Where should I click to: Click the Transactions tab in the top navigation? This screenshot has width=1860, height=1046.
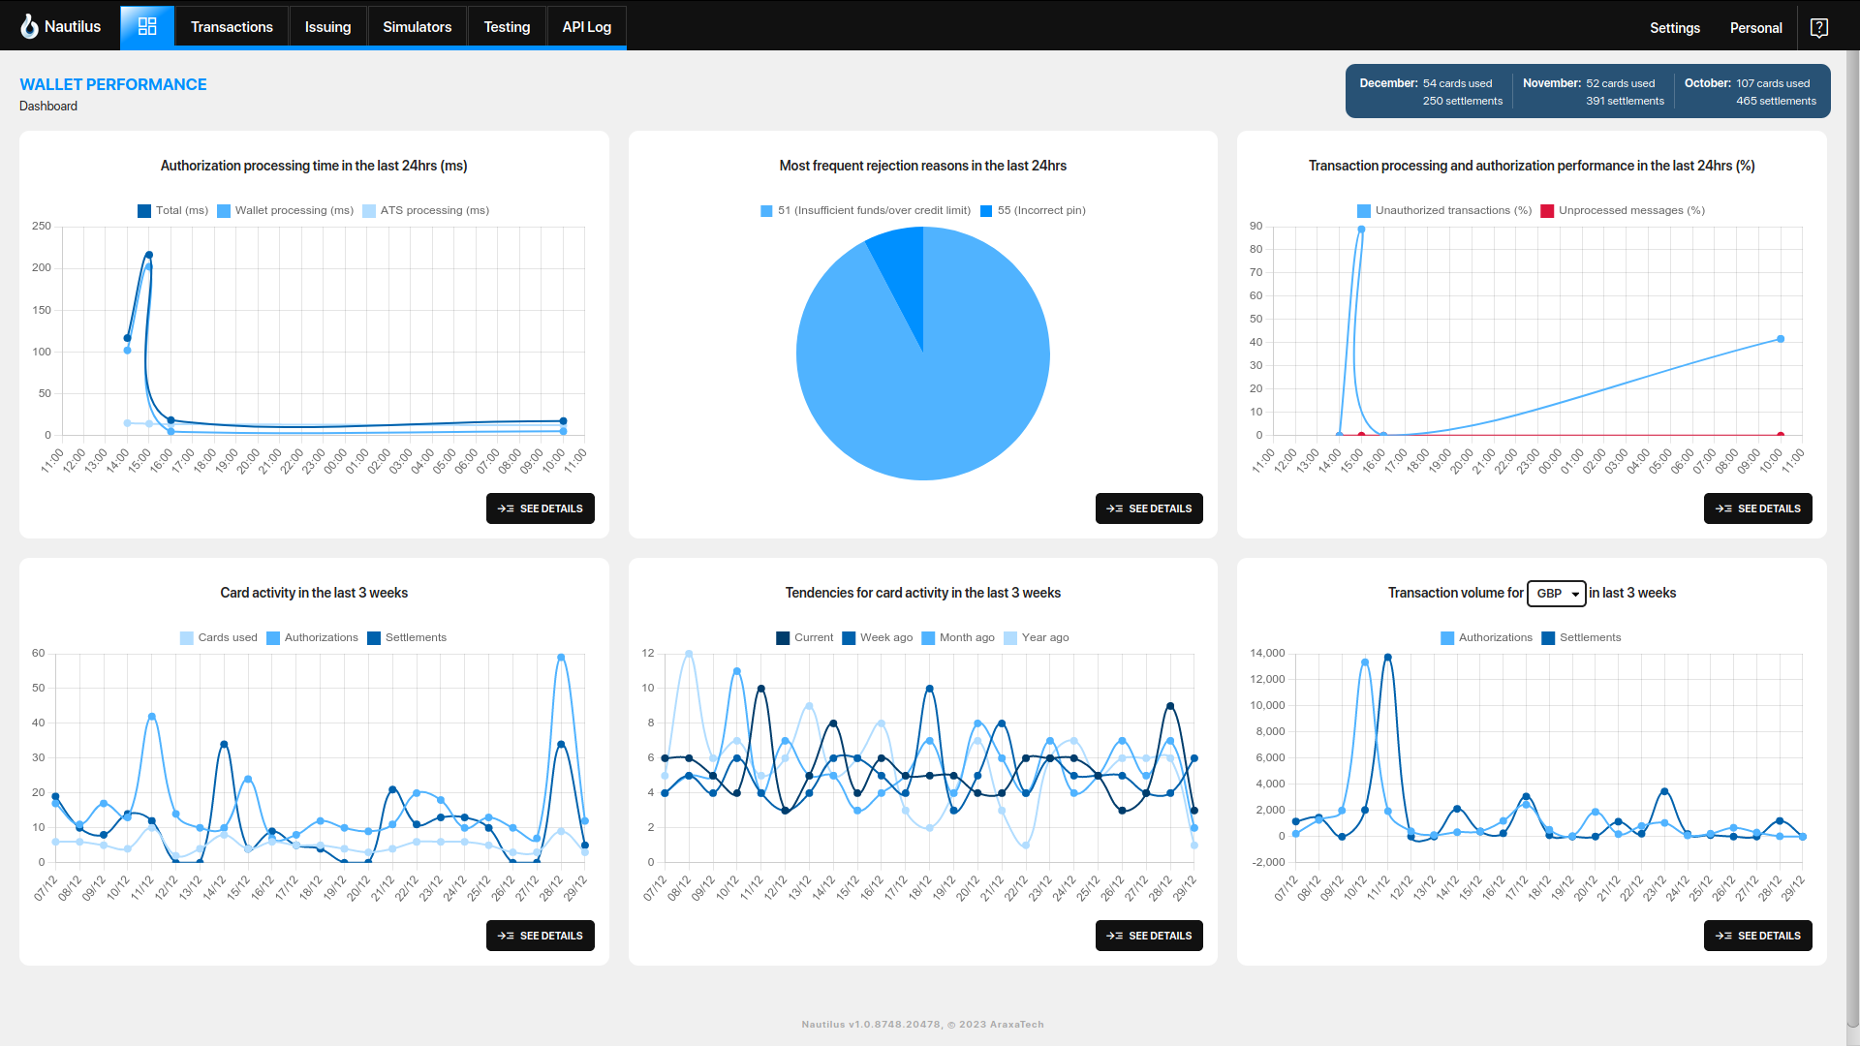click(x=232, y=27)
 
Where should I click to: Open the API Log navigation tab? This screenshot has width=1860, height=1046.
click(x=586, y=27)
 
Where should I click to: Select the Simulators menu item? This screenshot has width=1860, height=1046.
click(x=417, y=27)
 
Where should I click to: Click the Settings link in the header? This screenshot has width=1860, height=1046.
click(x=1674, y=28)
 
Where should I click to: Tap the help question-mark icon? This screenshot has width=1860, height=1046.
click(x=1818, y=28)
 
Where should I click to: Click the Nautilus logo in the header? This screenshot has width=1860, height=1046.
click(x=61, y=26)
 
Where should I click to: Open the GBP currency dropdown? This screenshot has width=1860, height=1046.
click(x=1556, y=594)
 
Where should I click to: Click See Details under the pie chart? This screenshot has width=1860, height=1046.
click(x=1149, y=508)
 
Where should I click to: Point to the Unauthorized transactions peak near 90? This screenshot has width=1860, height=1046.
click(x=1361, y=230)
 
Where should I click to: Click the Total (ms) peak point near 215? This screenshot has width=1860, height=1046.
click(x=148, y=255)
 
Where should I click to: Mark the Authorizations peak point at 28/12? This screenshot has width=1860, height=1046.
click(x=561, y=658)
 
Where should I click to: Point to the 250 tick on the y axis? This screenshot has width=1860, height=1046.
click(x=42, y=226)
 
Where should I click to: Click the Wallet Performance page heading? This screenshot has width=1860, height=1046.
click(x=113, y=84)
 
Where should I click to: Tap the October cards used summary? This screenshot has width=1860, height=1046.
click(x=1748, y=83)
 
